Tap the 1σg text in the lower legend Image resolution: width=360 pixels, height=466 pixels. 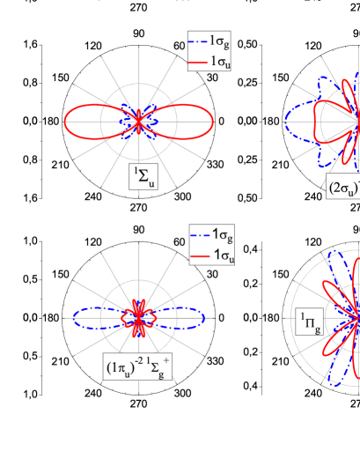225,237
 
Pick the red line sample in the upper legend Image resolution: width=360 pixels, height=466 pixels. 198,62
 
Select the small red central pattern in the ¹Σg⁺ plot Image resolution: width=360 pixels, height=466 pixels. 137,314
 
